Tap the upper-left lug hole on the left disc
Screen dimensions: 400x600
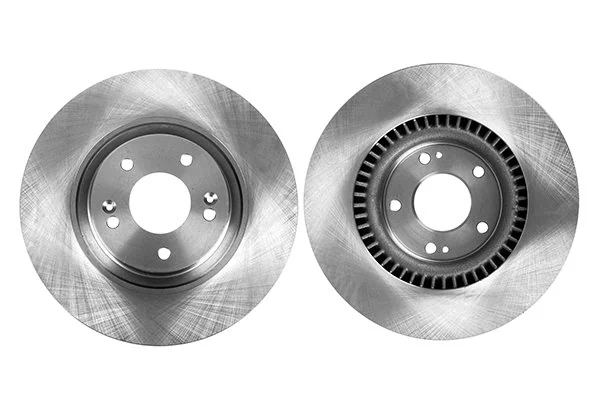click(127, 163)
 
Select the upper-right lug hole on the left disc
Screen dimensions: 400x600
click(187, 160)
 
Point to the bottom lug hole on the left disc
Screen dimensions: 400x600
click(164, 252)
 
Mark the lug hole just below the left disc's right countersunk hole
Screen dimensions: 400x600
click(208, 214)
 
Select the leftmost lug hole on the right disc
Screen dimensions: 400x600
click(395, 205)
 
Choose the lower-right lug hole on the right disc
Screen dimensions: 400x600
click(481, 228)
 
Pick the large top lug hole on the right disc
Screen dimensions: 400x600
click(425, 158)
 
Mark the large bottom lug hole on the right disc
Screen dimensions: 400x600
click(430, 247)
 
